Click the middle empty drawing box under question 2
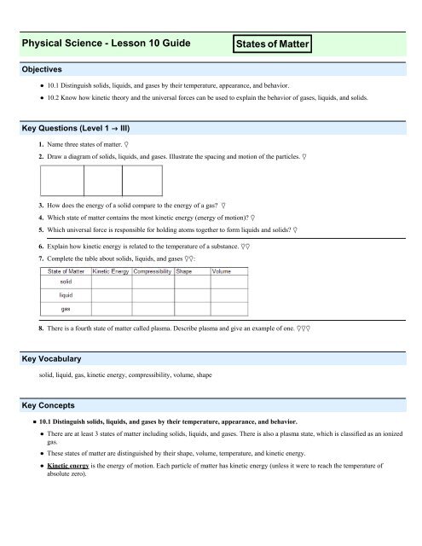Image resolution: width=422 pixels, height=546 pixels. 103,182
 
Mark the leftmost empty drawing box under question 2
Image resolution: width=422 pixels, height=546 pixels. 62,182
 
